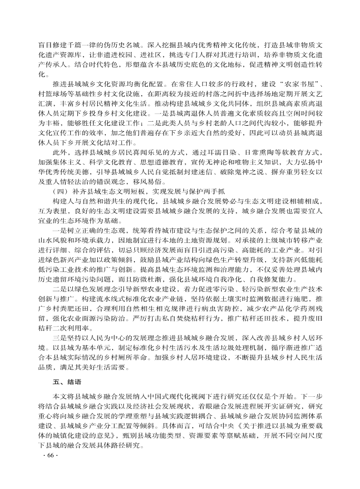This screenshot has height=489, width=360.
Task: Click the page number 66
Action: [47, 455]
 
